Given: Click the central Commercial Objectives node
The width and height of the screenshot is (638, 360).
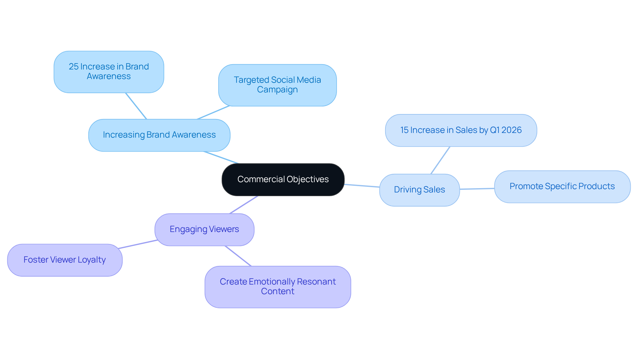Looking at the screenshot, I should point(283,180).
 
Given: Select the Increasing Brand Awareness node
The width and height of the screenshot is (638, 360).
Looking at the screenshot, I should point(159,135).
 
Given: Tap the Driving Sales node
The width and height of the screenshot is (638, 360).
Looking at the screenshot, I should point(419,190).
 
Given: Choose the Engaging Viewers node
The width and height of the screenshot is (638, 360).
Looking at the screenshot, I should point(204,229).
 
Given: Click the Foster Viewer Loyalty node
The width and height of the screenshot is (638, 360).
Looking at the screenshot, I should point(65,260).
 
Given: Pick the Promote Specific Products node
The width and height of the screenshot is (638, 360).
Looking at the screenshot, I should point(562,186).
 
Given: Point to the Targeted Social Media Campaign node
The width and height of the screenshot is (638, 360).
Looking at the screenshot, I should point(277,85).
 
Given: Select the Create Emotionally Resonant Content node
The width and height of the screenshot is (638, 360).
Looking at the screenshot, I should point(278,287).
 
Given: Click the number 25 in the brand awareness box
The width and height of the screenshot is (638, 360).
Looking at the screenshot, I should point(73,67).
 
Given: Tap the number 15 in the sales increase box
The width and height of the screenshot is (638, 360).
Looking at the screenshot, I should point(404,130).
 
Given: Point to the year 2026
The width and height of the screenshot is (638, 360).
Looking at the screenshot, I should point(512,130).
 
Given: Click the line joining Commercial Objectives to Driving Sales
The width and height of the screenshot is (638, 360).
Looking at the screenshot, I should point(362,186).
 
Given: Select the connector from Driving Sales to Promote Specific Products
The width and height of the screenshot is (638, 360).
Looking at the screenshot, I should point(477,189).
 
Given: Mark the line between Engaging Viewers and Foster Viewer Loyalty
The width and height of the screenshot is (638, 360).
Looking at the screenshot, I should point(138,244).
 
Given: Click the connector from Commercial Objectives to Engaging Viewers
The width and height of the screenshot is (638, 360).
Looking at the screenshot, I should point(244,205).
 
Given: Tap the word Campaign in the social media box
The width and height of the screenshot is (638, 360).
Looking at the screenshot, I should point(277,90).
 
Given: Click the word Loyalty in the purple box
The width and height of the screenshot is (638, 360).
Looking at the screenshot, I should point(92,260).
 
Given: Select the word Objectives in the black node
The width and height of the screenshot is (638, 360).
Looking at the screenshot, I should point(308,180).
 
